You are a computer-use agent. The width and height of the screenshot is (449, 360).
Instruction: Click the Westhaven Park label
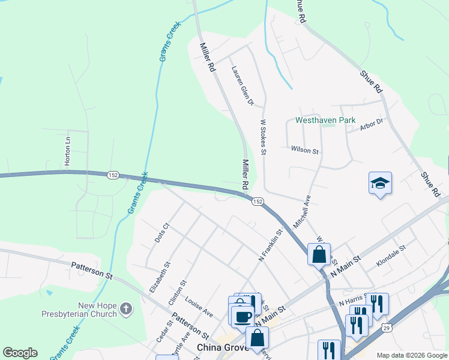point(325,121)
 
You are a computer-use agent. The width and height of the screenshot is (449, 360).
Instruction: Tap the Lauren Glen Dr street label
point(243,86)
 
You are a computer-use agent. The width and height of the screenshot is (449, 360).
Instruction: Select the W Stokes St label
point(263,137)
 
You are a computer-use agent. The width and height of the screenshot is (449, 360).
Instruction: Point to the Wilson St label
point(304,151)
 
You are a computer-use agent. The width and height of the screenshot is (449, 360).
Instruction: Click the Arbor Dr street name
point(371,124)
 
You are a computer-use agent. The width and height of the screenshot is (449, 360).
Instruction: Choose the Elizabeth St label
point(160,277)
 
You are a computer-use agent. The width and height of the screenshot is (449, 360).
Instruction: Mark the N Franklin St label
point(270,244)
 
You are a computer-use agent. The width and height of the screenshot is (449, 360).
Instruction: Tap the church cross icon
point(125,309)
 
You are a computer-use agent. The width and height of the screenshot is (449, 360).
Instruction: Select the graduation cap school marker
point(380,182)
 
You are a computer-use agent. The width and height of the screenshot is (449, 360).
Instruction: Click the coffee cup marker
point(243,316)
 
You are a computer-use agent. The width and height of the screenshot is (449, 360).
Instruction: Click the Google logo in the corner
point(20,353)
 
